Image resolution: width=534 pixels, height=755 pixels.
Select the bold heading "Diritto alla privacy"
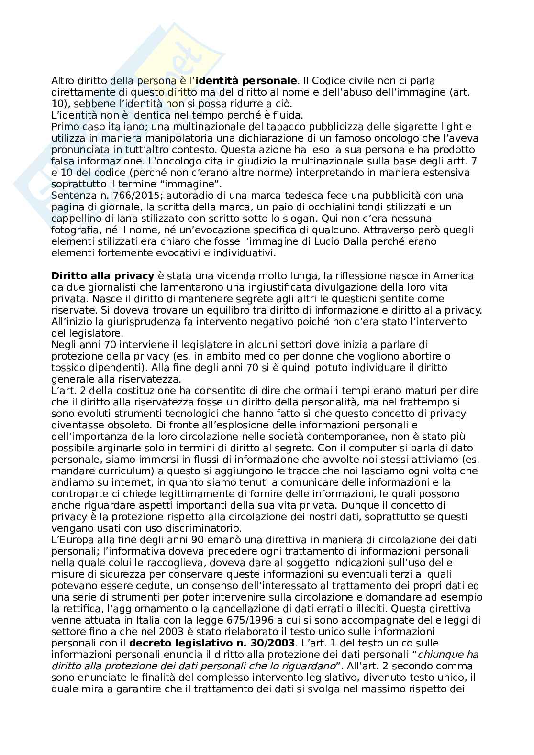pos(102,276)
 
